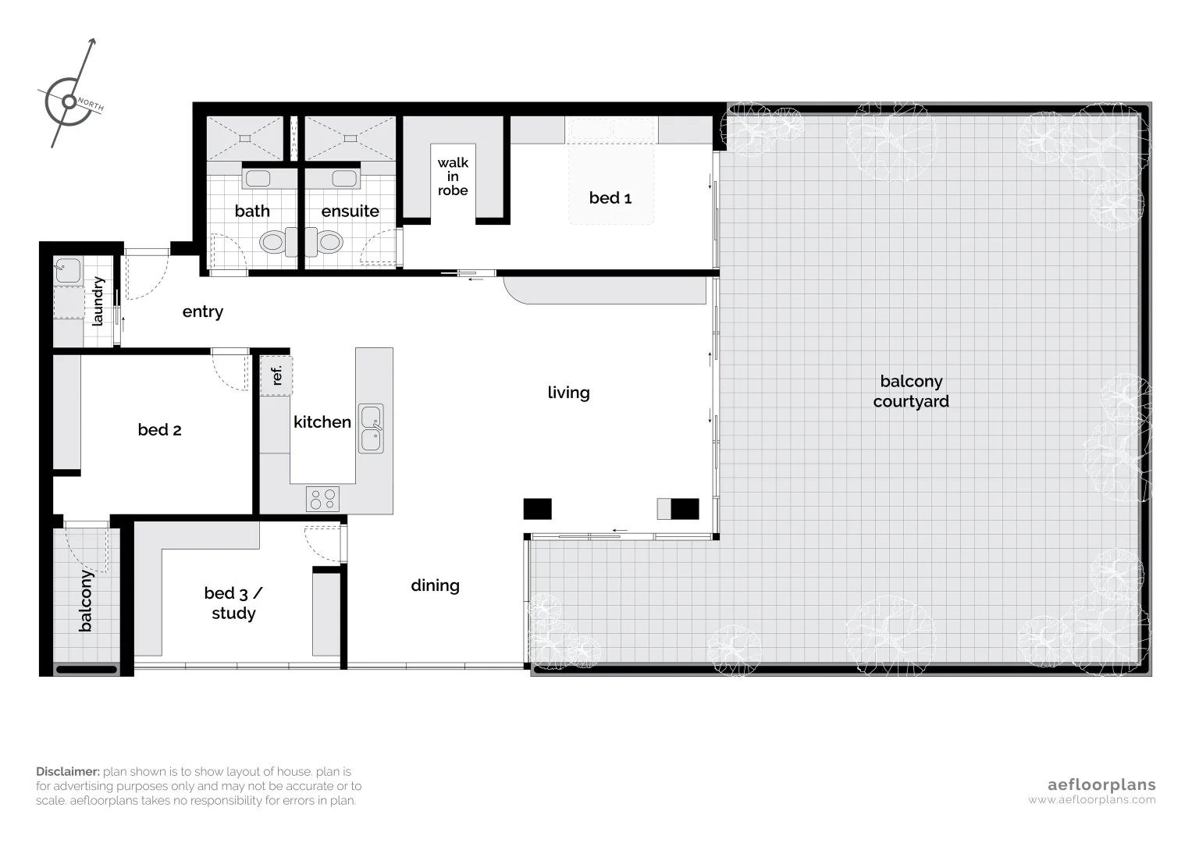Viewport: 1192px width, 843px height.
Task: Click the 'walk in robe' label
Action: [453, 176]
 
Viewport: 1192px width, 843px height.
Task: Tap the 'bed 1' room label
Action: [610, 198]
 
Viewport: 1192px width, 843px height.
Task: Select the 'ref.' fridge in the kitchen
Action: [276, 375]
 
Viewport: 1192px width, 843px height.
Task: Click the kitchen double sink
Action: [371, 428]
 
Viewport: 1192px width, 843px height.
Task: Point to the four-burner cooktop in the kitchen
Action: [322, 499]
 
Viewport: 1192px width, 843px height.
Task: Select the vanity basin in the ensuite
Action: [344, 179]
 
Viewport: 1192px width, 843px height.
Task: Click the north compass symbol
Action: [69, 100]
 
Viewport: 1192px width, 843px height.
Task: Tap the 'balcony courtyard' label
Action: [911, 391]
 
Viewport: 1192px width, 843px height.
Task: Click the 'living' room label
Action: [568, 393]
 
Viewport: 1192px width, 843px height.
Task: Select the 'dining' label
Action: [435, 585]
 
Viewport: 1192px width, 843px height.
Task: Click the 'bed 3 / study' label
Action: [233, 603]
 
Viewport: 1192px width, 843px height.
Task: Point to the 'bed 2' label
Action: [159, 430]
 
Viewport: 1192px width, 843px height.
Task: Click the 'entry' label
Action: [202, 312]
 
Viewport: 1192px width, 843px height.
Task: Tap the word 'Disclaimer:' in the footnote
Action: [68, 771]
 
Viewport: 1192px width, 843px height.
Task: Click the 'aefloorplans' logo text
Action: [1101, 784]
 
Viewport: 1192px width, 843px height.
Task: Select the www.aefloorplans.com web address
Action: [1091, 800]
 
